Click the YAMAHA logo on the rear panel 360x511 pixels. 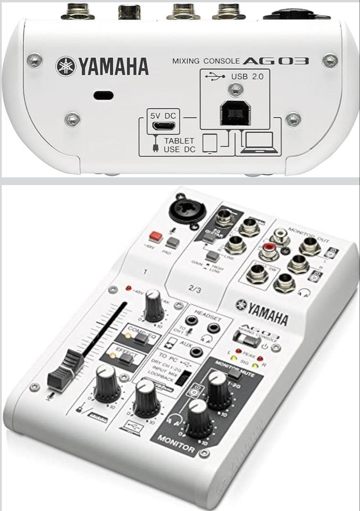102,66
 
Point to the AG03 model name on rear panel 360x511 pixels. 276,61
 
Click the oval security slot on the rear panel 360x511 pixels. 103,95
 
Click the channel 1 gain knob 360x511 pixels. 154,307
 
